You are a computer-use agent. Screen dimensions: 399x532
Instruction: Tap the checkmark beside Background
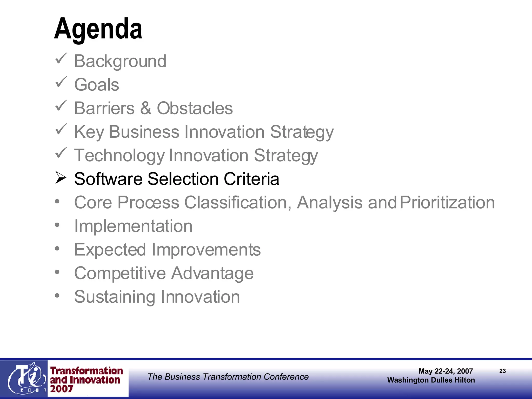coord(61,59)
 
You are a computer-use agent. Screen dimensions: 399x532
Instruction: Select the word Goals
coord(97,85)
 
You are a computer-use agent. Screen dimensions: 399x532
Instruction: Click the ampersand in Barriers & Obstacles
coord(146,108)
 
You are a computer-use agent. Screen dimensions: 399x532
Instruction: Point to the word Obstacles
coord(195,108)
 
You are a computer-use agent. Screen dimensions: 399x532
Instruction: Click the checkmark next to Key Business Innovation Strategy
coord(61,129)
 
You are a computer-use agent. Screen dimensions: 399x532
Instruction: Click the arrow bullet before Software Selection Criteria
coord(61,178)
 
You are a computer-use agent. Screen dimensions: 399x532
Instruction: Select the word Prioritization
coord(447,203)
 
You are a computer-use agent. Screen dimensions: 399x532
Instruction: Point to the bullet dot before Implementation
coord(57,225)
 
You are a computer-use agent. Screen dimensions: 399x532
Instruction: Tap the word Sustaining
coord(115,297)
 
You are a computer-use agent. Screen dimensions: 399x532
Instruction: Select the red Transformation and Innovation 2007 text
coord(86,380)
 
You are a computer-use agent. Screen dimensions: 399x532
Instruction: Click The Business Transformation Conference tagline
coord(228,377)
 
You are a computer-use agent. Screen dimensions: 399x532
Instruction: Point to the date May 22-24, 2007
coord(445,371)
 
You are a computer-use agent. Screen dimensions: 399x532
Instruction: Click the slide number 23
coord(502,371)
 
